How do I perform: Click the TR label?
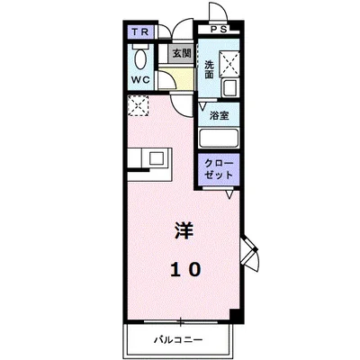tap(139, 33)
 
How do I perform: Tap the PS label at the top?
tap(220, 28)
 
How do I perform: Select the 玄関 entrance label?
tap(181, 53)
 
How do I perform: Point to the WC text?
tap(139, 79)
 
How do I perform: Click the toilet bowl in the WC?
tap(141, 58)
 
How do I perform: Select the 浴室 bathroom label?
tap(219, 116)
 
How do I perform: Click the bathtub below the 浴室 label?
tap(219, 139)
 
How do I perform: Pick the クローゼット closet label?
tap(219, 171)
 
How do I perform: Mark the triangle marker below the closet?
tap(229, 193)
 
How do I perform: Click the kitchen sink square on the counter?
tap(157, 159)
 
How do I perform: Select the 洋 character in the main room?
tap(181, 230)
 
